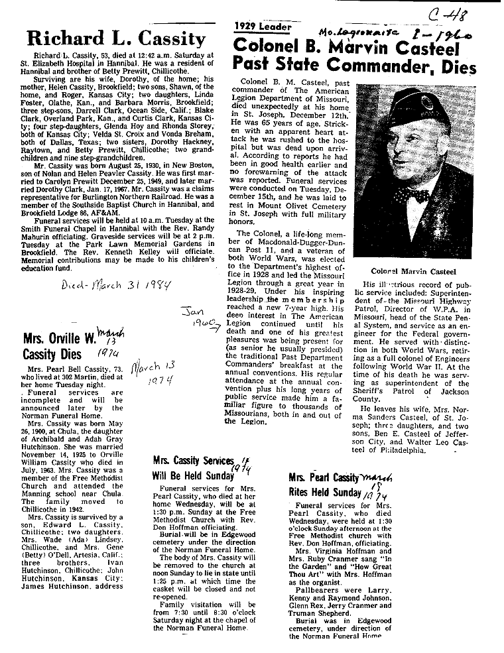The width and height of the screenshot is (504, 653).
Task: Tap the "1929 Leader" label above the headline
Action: pos(263,27)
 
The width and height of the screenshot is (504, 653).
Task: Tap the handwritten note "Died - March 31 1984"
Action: pos(116,286)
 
